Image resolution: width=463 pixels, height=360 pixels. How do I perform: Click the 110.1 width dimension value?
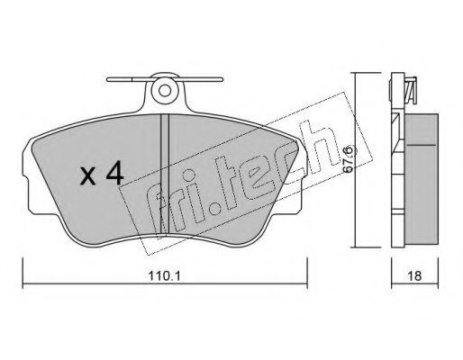coord(164,275)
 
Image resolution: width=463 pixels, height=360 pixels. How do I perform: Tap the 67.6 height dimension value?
coord(350,159)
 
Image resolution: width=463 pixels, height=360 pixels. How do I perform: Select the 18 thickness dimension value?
coord(414,275)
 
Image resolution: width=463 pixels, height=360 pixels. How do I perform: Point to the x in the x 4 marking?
coord(88,176)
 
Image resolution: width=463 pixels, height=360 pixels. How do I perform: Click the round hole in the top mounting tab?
coord(165,90)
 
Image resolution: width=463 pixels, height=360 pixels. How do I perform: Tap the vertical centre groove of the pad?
coord(165,174)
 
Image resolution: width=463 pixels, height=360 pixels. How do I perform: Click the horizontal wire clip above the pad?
coord(165,79)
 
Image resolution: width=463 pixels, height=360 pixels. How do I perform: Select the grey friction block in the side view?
coord(421,179)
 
